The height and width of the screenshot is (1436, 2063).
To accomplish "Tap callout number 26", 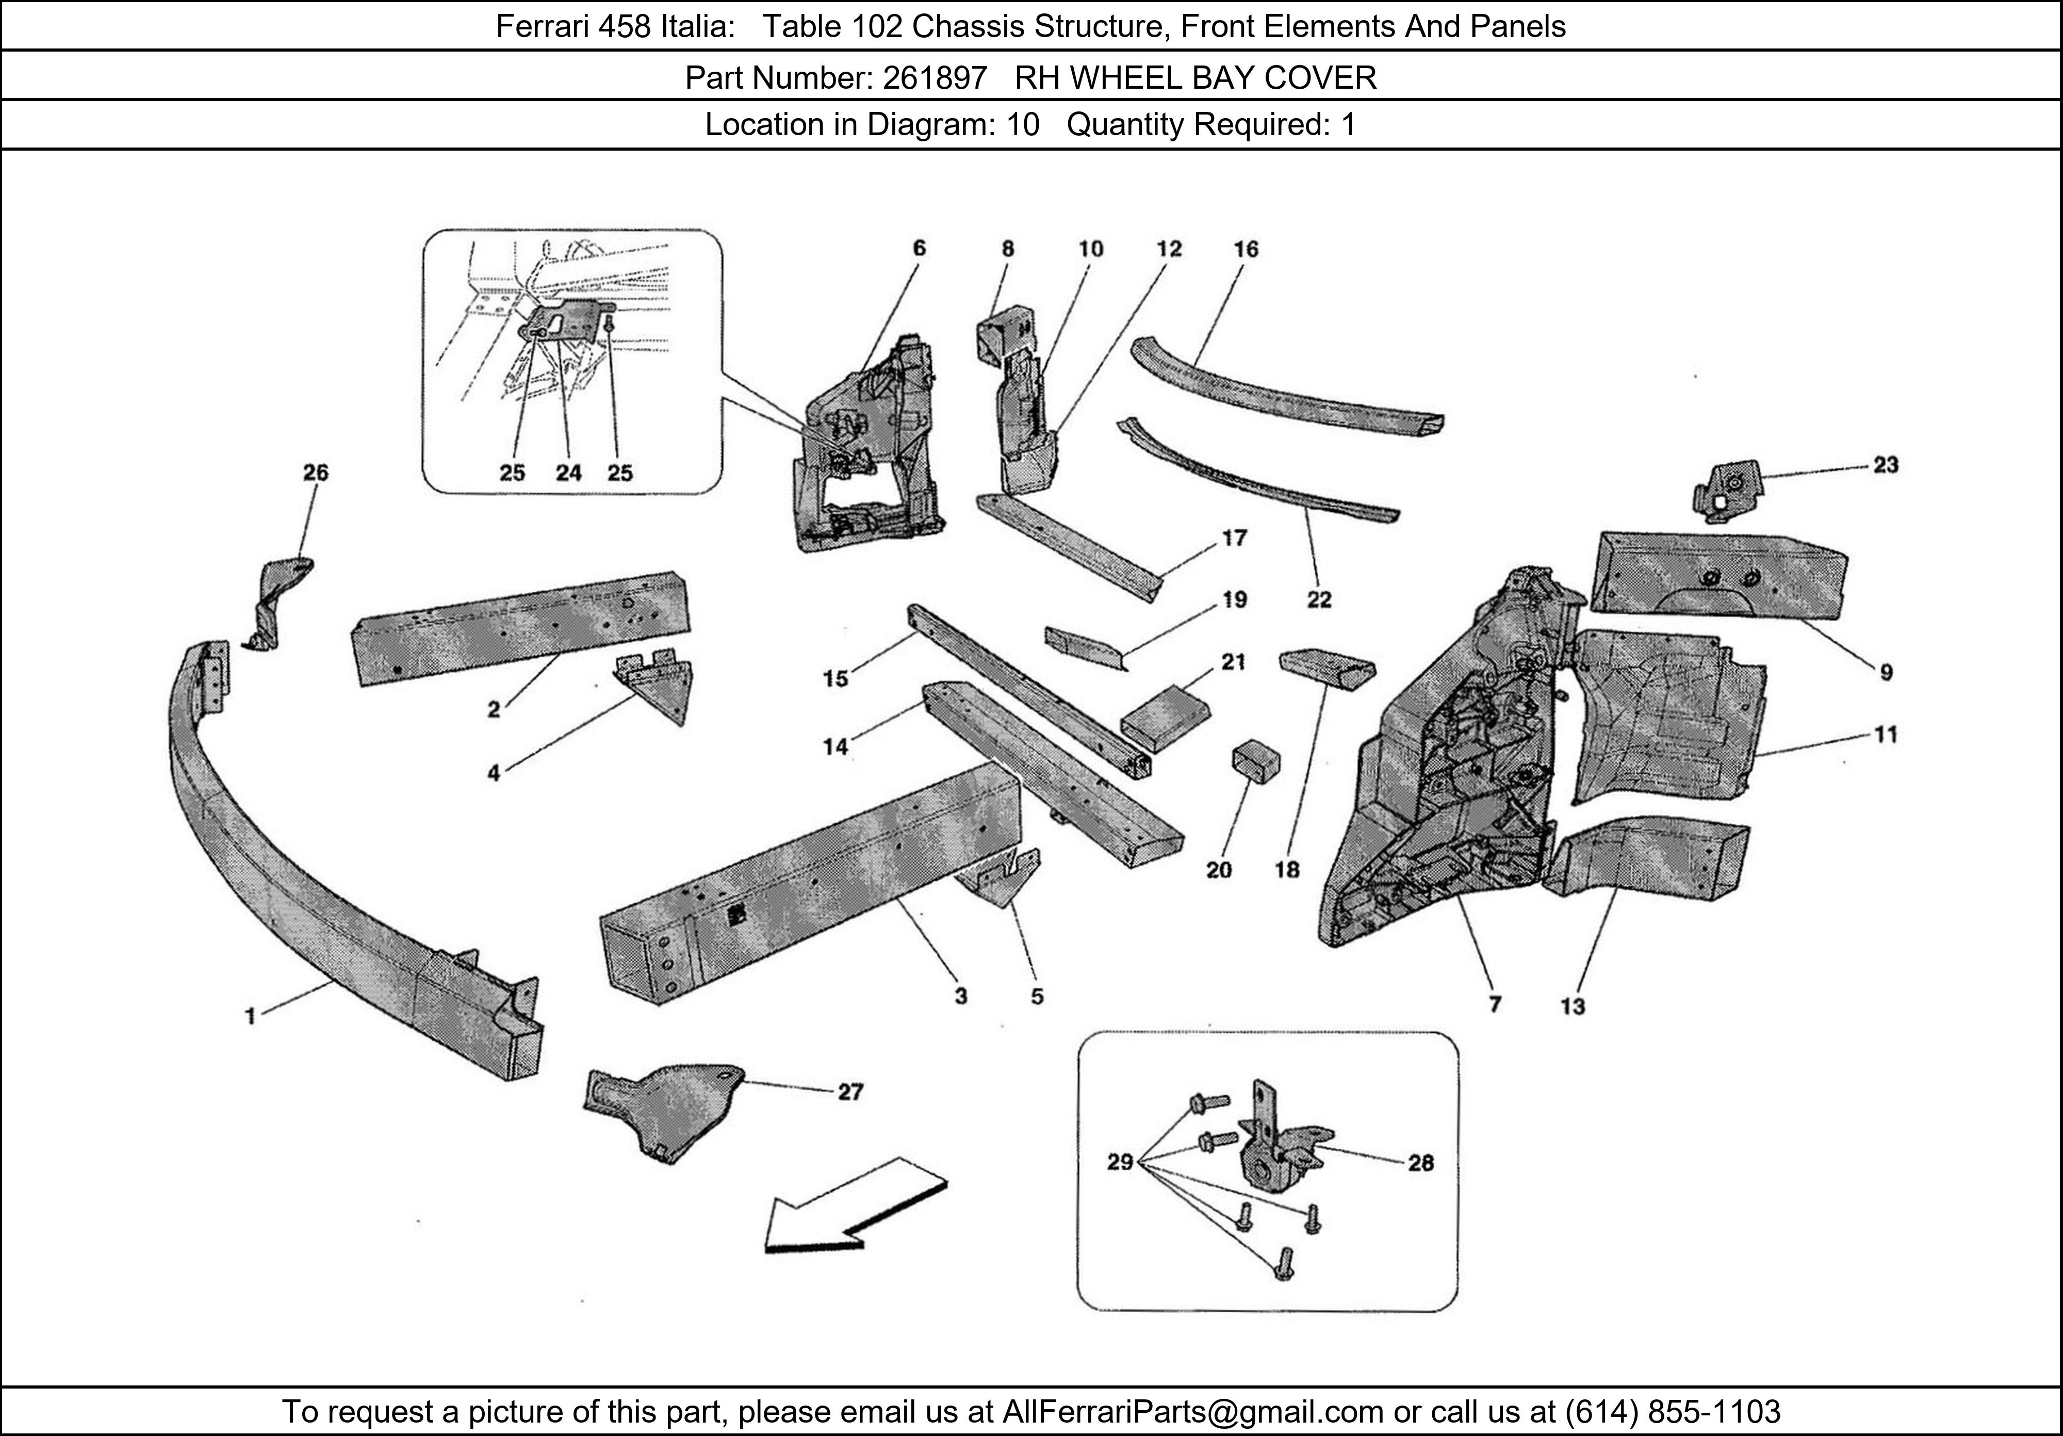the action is pos(315,472).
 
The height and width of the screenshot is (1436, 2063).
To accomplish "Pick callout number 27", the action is pos(850,1092).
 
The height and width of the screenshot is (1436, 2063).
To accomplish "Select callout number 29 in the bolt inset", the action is pos(1120,1163).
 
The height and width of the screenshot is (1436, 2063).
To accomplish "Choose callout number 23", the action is pos(1885,465).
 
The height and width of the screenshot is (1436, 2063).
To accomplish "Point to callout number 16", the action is pos(1246,249).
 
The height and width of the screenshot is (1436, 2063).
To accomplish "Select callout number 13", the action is pos(1573,1006).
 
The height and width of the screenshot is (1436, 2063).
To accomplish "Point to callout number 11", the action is pos(1885,735).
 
